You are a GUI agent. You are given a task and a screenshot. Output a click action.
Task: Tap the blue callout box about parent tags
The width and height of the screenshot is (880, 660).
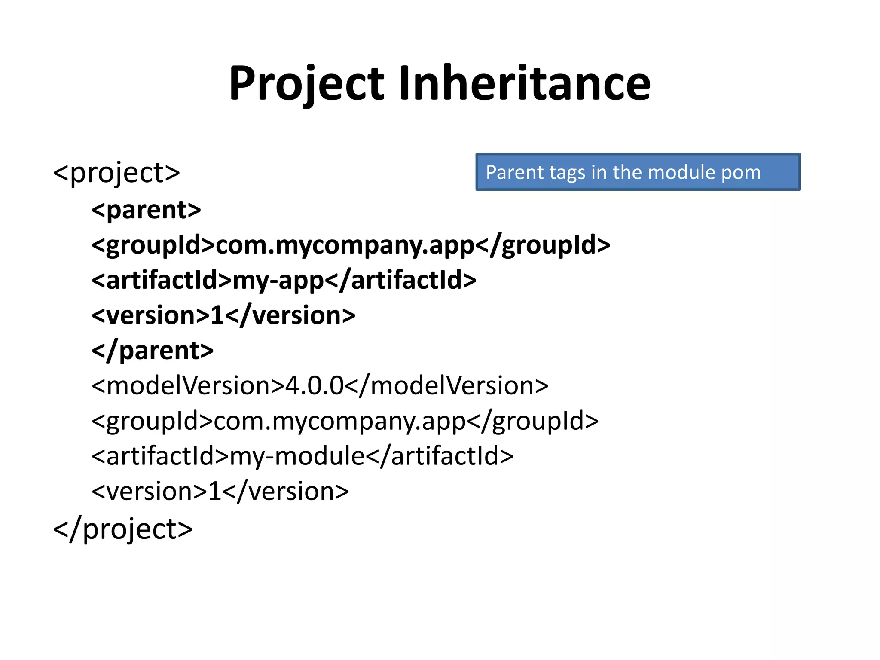pyautogui.click(x=638, y=172)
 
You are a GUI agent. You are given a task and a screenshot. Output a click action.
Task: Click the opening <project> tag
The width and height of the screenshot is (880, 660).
pyautogui.click(x=116, y=173)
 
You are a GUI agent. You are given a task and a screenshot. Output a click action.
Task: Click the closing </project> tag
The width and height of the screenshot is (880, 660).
pyautogui.click(x=123, y=529)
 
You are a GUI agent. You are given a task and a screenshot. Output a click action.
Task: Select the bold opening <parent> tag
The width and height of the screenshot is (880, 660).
pyautogui.click(x=147, y=210)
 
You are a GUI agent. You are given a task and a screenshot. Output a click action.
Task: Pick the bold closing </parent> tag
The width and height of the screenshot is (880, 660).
pyautogui.click(x=153, y=351)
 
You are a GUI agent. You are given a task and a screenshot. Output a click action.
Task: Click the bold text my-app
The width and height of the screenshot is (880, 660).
pyautogui.click(x=278, y=281)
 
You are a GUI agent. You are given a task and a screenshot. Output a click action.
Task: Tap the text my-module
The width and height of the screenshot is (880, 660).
pyautogui.click(x=297, y=456)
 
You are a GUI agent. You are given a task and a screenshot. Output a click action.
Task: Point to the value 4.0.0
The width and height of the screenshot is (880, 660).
pyautogui.click(x=315, y=386)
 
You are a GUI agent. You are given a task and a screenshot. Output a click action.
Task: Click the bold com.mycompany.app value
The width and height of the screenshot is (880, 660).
pyautogui.click(x=345, y=245)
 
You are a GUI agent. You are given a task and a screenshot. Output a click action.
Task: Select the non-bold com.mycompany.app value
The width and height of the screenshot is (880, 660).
pyautogui.click(x=340, y=421)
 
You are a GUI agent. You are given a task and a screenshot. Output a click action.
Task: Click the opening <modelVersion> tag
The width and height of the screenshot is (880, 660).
pyautogui.click(x=188, y=386)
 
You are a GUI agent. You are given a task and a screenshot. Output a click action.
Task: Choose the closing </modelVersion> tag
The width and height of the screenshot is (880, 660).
pyautogui.click(x=446, y=386)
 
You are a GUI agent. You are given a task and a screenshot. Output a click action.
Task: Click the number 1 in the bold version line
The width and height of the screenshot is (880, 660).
pyautogui.click(x=217, y=316)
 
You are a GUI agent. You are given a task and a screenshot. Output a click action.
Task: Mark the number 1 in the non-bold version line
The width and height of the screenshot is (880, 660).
pyautogui.click(x=214, y=492)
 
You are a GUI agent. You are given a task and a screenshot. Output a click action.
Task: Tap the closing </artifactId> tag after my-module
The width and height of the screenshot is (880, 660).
pyautogui.click(x=440, y=456)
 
